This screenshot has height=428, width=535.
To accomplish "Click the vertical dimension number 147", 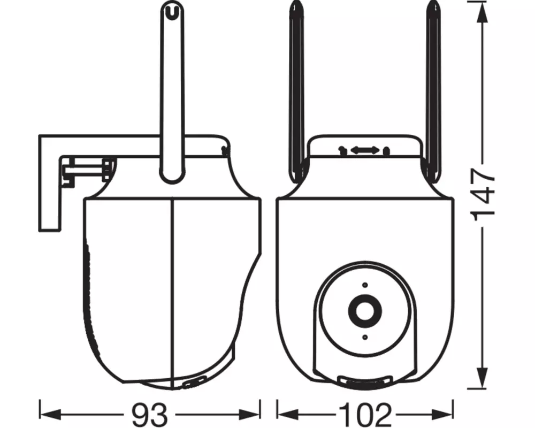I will coord(483,195).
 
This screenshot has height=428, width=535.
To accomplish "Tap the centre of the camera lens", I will coord(364,310).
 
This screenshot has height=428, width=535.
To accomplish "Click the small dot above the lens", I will coord(364,285).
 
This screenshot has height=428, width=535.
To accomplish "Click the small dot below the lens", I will coord(364,337).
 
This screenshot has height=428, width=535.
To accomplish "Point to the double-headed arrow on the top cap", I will coord(365,150).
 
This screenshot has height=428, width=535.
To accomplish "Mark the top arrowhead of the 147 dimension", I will coord(483,6).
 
